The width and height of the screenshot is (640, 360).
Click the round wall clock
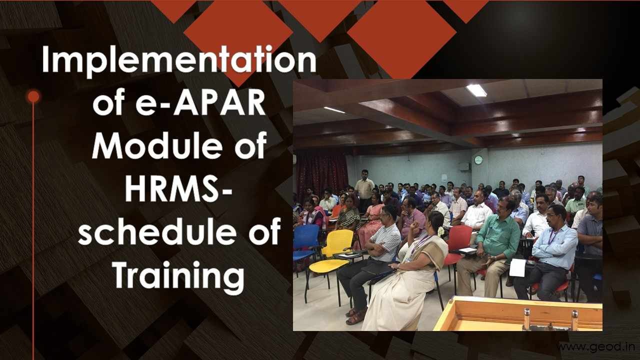click(x=478, y=160)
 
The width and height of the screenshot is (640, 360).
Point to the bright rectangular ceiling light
click(x=476, y=90)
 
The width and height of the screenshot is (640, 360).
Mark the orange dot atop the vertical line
click(x=33, y=96)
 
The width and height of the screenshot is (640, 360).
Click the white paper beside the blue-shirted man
click(x=517, y=267)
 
